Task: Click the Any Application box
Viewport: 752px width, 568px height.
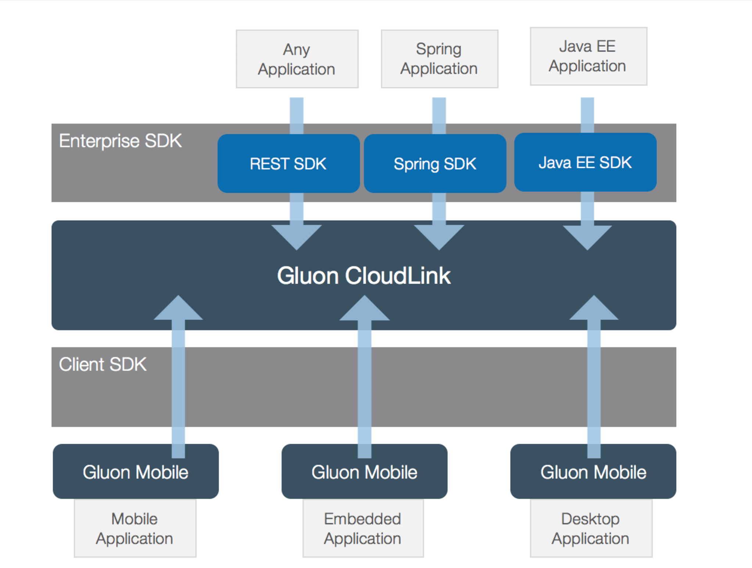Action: pyautogui.click(x=297, y=59)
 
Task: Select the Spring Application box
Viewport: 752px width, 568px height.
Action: pyautogui.click(x=439, y=59)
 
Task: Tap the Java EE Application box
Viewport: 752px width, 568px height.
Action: pyautogui.click(x=588, y=56)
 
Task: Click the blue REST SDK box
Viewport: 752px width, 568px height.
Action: pyautogui.click(x=288, y=164)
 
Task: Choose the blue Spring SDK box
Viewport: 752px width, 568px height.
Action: pyautogui.click(x=435, y=164)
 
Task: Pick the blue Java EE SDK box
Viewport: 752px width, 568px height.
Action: pyautogui.click(x=585, y=162)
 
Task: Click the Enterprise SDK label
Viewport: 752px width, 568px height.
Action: pyautogui.click(x=121, y=141)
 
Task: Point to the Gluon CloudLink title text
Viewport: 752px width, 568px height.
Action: pyautogui.click(x=364, y=276)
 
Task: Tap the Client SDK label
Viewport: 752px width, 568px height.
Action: pyautogui.click(x=103, y=365)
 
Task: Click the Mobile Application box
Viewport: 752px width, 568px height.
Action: pyautogui.click(x=135, y=529)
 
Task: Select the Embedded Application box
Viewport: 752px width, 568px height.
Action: pyautogui.click(x=363, y=529)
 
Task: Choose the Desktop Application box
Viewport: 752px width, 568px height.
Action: pyautogui.click(x=591, y=529)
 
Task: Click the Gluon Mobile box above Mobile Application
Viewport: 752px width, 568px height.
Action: pyautogui.click(x=135, y=472)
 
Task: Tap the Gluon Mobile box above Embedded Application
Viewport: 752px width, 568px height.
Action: pyautogui.click(x=364, y=472)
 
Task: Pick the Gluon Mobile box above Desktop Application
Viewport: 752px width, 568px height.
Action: pyautogui.click(x=593, y=472)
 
